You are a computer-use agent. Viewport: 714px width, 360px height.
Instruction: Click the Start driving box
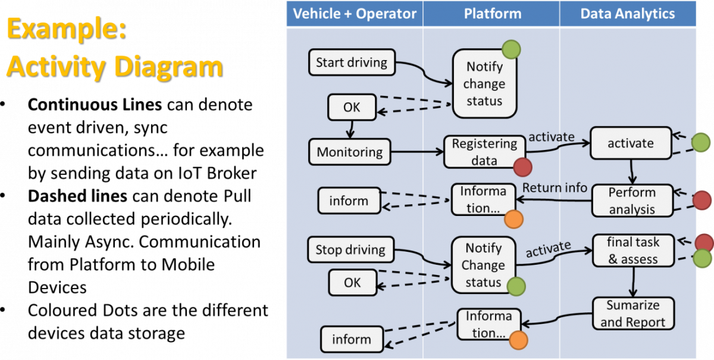point(351,62)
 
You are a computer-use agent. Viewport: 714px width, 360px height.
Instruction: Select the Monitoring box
point(349,152)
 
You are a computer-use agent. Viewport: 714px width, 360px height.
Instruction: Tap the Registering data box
point(484,152)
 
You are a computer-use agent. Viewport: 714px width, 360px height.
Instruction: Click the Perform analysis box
point(632,201)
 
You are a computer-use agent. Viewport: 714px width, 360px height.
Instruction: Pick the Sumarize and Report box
point(633,314)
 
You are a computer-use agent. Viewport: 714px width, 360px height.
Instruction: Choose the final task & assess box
point(633,251)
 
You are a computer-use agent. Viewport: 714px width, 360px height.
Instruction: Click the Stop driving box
point(350,250)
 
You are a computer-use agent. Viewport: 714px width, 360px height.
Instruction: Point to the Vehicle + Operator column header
point(355,14)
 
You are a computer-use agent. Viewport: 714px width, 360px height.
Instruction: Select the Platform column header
point(492,14)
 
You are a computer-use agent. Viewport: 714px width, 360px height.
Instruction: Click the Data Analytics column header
point(628,14)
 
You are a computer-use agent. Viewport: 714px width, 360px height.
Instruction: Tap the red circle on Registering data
point(522,167)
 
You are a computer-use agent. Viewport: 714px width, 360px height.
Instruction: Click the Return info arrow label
point(555,188)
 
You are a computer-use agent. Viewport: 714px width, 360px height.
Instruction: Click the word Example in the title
point(65,29)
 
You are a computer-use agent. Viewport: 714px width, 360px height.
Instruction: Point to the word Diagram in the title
point(168,66)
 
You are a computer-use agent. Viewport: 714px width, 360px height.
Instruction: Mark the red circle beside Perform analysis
point(703,201)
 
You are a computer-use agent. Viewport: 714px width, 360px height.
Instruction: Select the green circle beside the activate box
point(701,143)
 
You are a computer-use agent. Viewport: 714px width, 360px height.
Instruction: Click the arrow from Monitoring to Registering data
point(416,152)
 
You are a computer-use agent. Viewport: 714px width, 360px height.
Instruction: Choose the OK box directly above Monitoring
point(352,108)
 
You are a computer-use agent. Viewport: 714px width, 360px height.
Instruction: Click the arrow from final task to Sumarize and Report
point(633,282)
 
